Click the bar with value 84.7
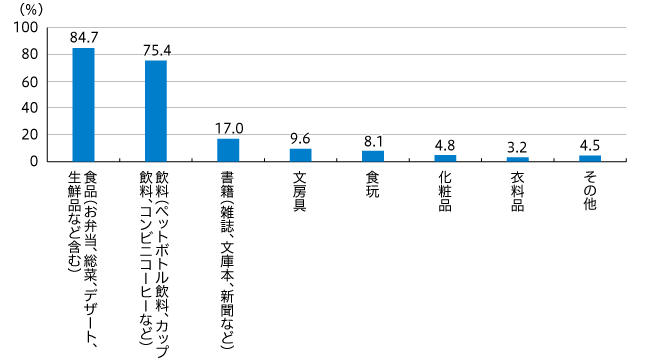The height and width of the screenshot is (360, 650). (84, 104)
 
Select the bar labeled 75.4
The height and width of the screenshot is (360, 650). (156, 110)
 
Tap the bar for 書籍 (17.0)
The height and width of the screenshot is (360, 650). (228, 149)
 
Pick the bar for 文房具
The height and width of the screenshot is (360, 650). (300, 154)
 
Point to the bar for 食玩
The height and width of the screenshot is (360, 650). (373, 155)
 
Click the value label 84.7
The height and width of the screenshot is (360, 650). (84, 38)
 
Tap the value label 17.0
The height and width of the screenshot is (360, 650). (229, 129)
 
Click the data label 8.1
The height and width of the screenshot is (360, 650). (373, 141)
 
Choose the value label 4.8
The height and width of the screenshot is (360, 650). (445, 146)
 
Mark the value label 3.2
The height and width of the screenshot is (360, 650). (517, 148)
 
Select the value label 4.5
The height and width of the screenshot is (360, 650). (589, 146)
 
